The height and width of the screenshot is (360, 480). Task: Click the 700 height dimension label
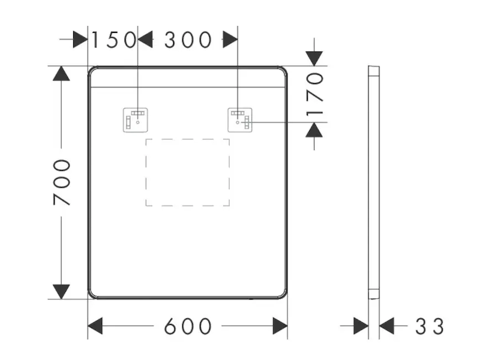click(61, 182)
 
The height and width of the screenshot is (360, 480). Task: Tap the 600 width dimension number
click(188, 326)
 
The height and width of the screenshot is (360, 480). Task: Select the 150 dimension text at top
click(113, 40)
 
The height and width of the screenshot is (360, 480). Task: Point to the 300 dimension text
click(188, 40)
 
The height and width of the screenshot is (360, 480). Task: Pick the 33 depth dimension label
click(430, 326)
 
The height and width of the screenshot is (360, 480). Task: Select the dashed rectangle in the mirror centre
click(188, 172)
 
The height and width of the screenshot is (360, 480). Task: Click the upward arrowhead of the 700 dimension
click(61, 73)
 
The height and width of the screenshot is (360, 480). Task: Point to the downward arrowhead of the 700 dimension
click(61, 292)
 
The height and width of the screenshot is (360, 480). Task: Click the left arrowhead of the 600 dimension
click(96, 326)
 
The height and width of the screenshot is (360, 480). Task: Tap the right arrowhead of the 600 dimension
click(280, 326)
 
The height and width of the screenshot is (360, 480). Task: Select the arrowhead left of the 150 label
click(80, 40)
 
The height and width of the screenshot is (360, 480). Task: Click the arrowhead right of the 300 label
click(230, 40)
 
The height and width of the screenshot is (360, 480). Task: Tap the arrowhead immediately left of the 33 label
click(387, 326)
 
